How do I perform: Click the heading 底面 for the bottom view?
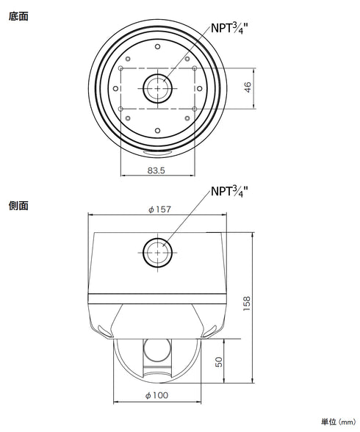(x=19, y=15)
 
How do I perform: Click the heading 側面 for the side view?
(x=19, y=206)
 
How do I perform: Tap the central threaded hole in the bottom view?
(x=156, y=88)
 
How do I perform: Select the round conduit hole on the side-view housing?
(x=156, y=253)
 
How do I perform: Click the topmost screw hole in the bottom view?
(x=156, y=46)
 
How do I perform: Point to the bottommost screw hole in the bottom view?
(x=156, y=130)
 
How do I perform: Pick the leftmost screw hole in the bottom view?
(x=115, y=88)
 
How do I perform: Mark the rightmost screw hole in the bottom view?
(x=198, y=88)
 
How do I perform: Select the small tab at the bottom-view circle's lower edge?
(x=156, y=152)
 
